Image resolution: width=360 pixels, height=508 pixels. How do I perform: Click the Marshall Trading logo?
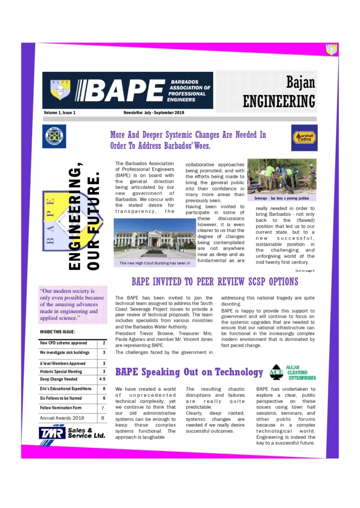304,138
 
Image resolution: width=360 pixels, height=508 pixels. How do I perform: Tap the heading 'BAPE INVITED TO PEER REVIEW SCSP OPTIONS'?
215,282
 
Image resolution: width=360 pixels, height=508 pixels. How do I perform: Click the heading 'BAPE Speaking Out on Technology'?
189,372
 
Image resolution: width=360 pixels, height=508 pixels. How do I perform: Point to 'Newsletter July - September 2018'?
153,113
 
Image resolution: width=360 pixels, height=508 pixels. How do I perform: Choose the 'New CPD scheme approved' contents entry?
63,343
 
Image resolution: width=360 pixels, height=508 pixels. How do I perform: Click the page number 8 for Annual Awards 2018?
103,418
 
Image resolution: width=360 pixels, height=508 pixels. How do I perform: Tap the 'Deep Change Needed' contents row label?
59,379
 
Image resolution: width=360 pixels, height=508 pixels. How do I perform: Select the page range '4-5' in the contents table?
102,379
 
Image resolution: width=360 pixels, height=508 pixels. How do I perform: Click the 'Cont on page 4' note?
304,270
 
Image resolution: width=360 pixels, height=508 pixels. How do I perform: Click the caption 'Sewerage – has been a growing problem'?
282,198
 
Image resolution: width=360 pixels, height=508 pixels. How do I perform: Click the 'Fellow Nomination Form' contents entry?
61,408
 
